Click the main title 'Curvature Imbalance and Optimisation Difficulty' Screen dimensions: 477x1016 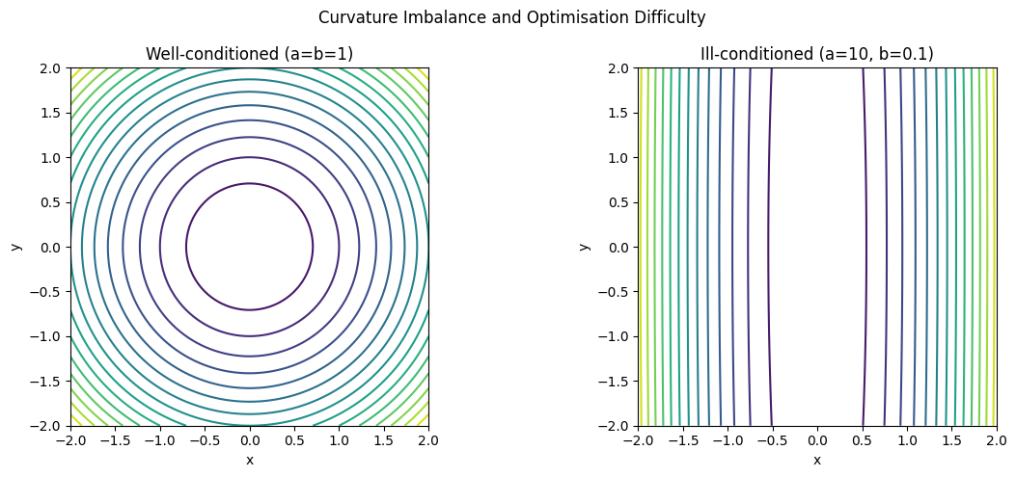tap(511, 17)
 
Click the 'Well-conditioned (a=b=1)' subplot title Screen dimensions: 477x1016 tap(249, 54)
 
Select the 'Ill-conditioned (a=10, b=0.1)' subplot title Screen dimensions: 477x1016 tap(816, 54)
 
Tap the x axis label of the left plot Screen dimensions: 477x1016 tap(249, 461)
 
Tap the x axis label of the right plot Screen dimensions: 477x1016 tap(816, 461)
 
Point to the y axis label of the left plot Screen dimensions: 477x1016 tap(16, 247)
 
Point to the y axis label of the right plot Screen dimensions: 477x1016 tap(584, 247)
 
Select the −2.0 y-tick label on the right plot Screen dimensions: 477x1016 tap(616, 426)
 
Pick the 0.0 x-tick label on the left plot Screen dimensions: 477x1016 tap(249, 440)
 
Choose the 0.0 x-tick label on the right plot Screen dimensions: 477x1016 tap(816, 440)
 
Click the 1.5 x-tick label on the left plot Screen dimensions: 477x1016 tap(384, 440)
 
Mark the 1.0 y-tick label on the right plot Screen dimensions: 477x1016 tap(619, 158)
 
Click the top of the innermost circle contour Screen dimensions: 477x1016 tap(249, 183)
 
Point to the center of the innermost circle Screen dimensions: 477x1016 tap(249, 247)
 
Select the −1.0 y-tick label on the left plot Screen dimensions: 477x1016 tap(48, 336)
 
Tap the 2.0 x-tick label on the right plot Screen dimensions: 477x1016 tap(996, 440)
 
